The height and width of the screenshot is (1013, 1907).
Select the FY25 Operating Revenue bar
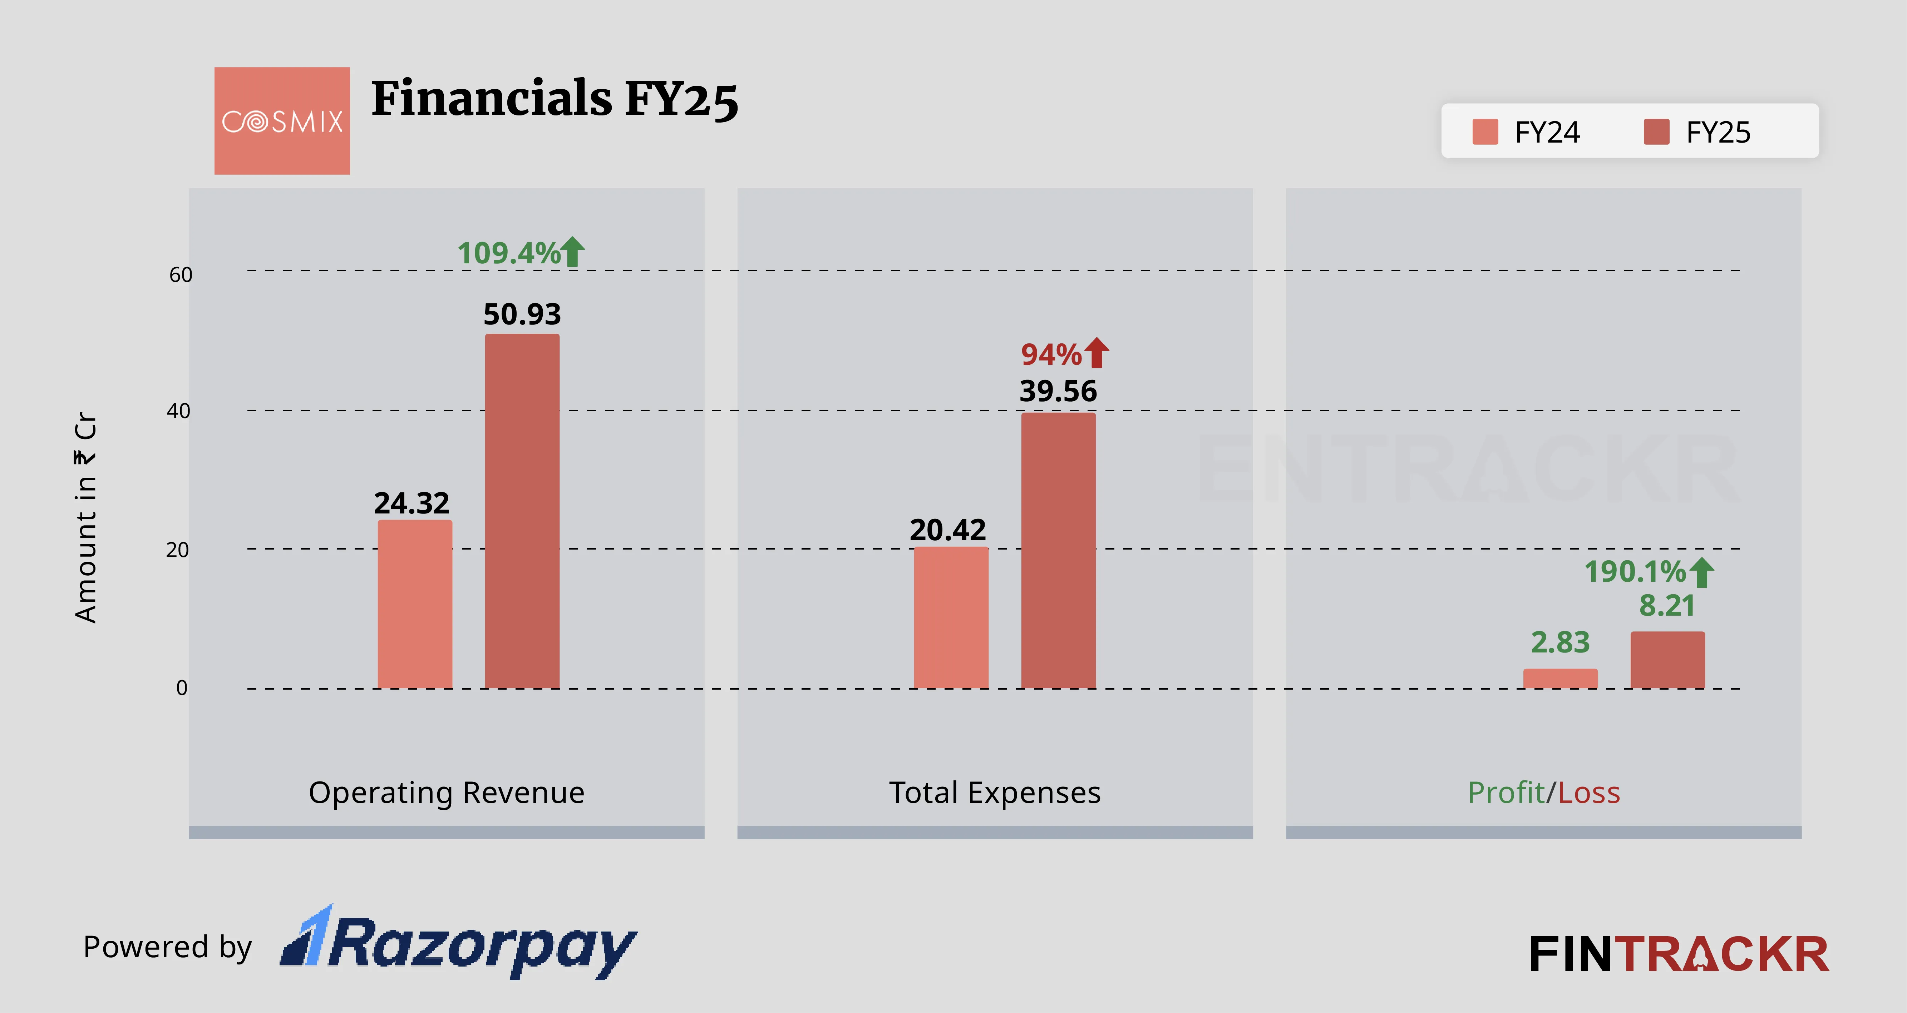tap(522, 511)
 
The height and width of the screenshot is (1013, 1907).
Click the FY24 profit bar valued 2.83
tap(1560, 679)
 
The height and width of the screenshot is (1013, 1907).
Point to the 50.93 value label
tap(522, 314)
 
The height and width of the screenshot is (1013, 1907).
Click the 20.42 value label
tap(947, 530)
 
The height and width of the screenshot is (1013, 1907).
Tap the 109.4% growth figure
tap(509, 253)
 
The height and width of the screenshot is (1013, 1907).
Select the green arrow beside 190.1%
tap(1702, 572)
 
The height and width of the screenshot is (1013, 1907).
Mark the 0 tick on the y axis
tap(181, 688)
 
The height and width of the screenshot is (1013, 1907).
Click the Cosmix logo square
tap(282, 121)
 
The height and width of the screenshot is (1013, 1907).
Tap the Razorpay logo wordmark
tap(459, 943)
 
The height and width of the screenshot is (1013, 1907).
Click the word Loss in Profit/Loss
tap(1589, 793)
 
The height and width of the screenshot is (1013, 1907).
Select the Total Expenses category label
tap(994, 793)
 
